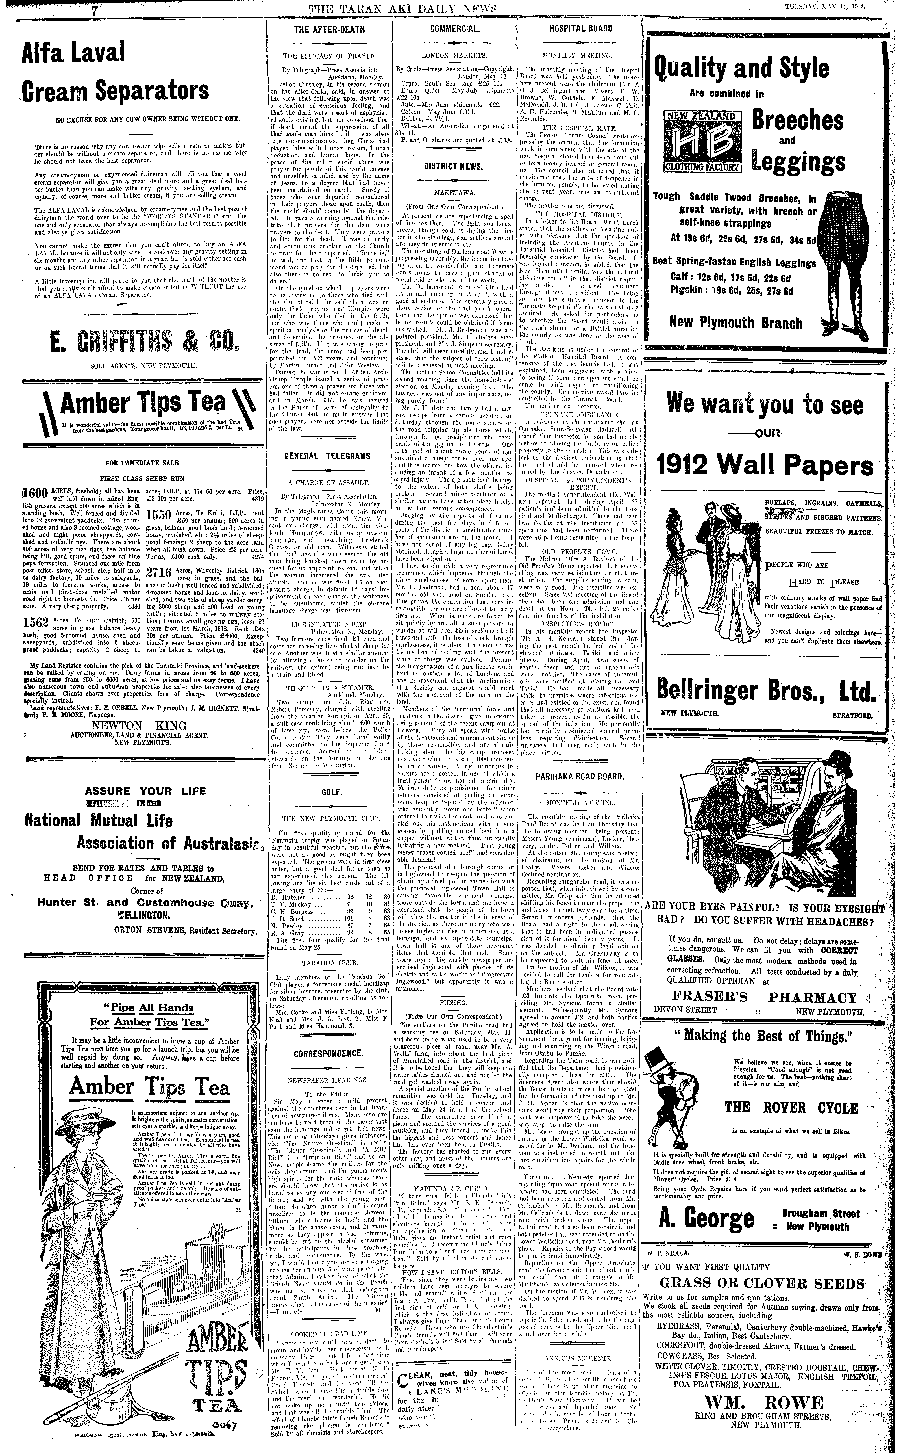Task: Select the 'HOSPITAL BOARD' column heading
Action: click(578, 29)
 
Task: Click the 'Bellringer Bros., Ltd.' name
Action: click(766, 690)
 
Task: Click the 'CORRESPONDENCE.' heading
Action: click(329, 1053)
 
